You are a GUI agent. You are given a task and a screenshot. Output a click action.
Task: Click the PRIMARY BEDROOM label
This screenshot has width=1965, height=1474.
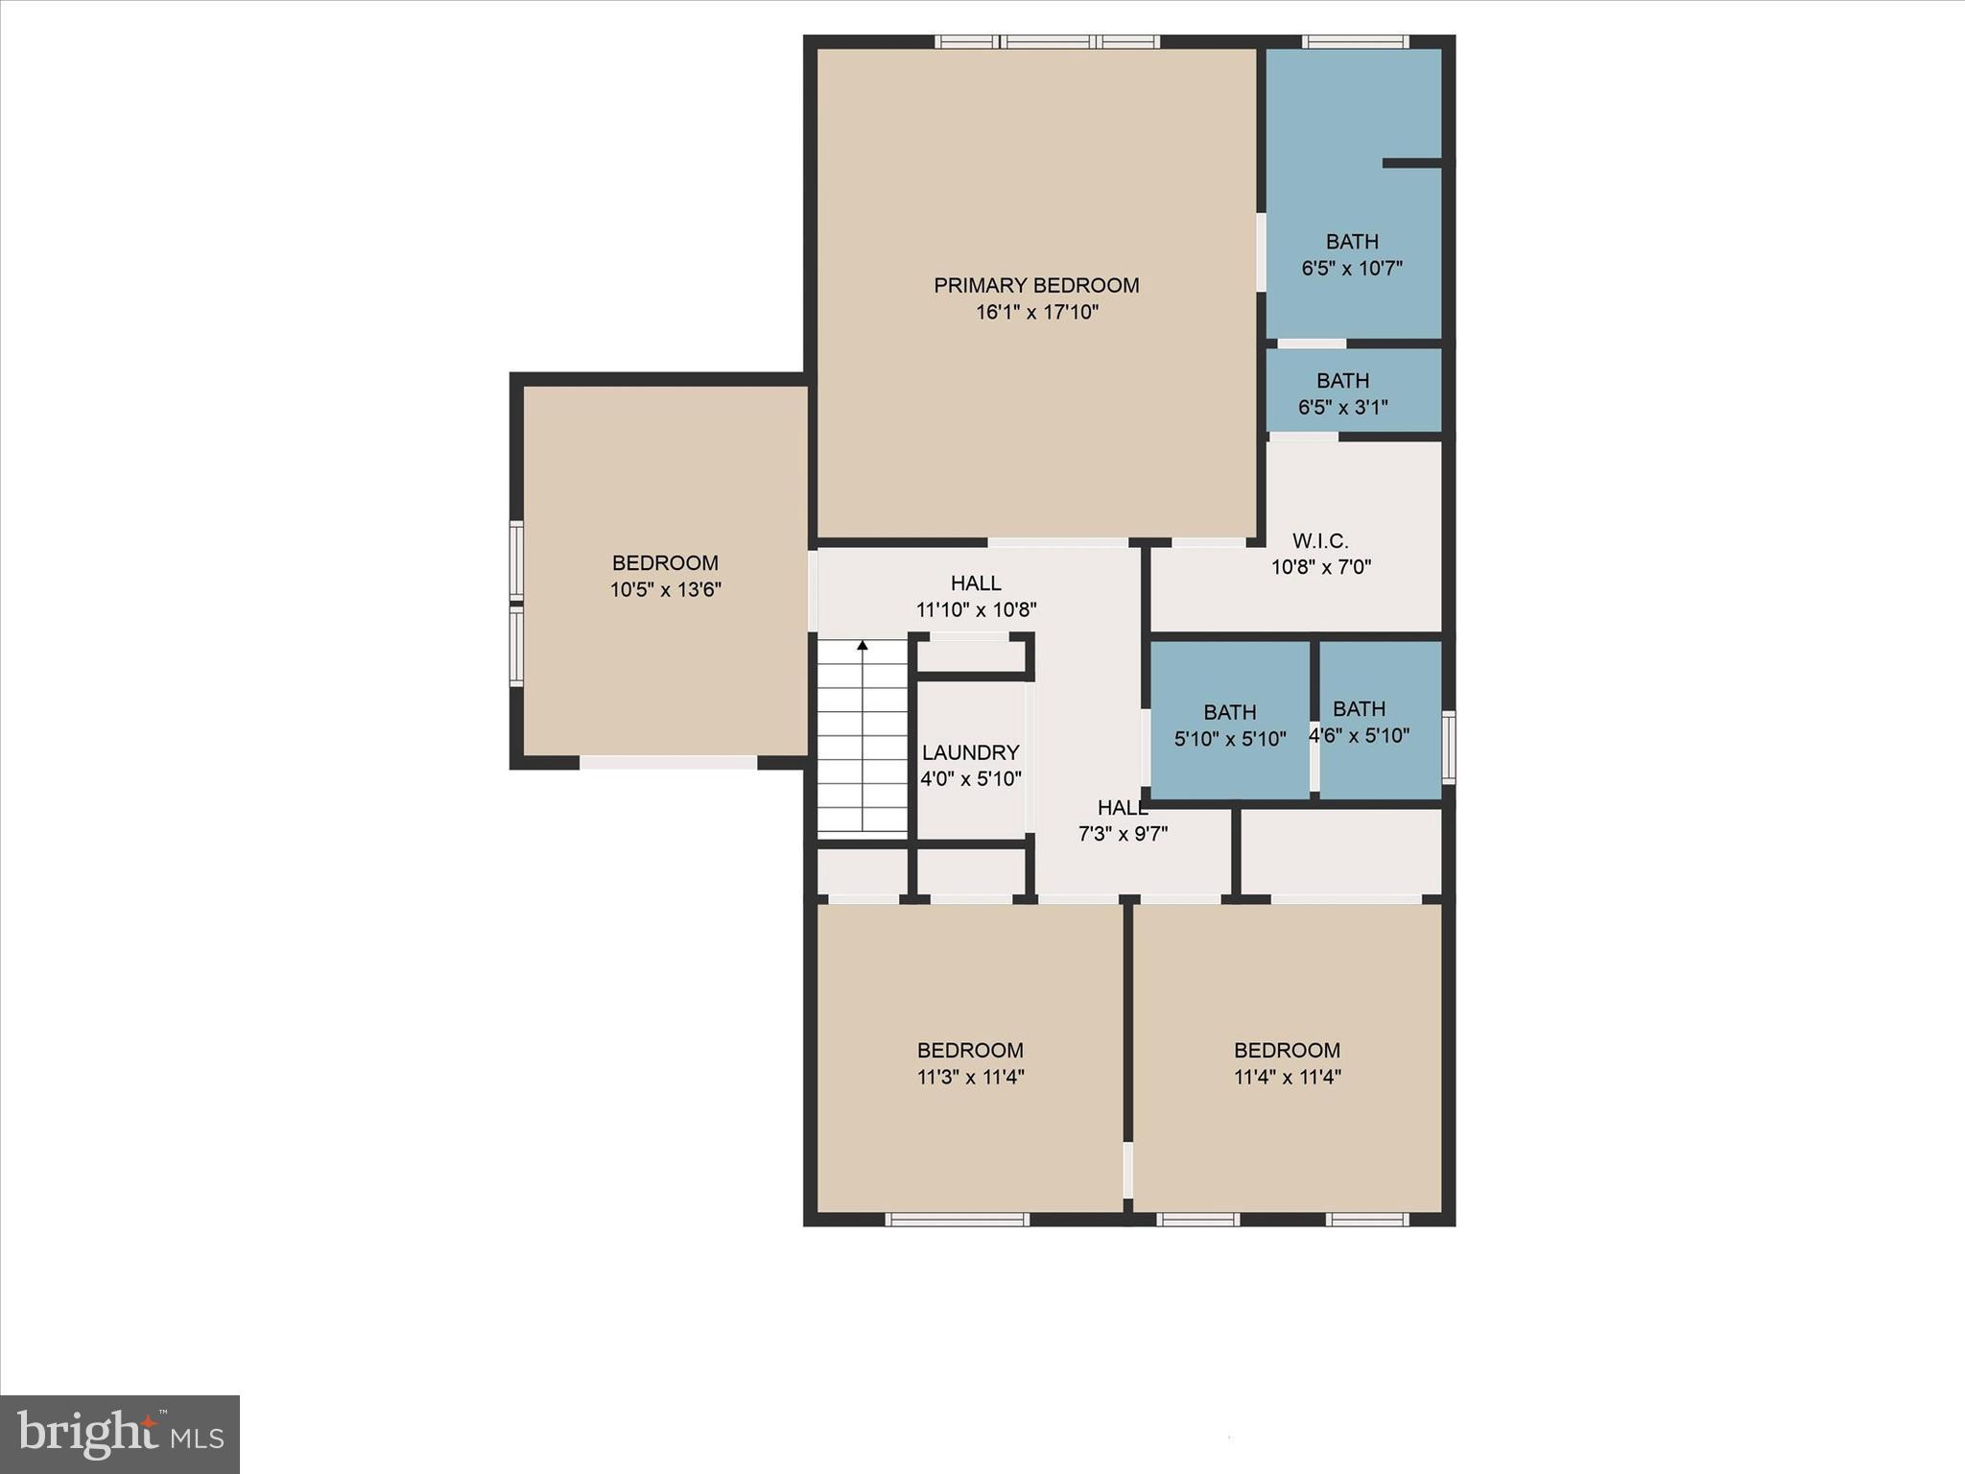[1036, 285]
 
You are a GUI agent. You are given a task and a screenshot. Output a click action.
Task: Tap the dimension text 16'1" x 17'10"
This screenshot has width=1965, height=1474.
[1036, 312]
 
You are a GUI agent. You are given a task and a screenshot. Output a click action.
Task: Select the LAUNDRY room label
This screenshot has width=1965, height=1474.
[970, 753]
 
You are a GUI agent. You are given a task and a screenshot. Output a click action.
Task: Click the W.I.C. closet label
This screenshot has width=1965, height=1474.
[1320, 541]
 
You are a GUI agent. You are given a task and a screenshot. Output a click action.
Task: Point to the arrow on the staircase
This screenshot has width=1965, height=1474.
[863, 646]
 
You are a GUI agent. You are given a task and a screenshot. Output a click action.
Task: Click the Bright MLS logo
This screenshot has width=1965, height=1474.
[120, 1434]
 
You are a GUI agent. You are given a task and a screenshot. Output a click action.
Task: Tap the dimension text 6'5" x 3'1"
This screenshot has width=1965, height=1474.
[1342, 407]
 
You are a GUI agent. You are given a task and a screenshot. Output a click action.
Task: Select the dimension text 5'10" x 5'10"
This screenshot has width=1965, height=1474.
[1230, 739]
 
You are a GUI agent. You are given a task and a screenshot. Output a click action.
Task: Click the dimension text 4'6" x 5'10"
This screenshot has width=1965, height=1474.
[1360, 736]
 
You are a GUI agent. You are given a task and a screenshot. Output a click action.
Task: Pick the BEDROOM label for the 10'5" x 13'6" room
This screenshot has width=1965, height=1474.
[665, 563]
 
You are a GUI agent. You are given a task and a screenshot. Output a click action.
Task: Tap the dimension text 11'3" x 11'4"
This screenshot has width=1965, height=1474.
[970, 1077]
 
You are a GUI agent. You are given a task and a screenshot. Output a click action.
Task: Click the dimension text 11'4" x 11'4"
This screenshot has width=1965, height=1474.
[1287, 1077]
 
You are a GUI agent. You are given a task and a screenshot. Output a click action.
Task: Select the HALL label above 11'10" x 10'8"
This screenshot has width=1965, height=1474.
[976, 582]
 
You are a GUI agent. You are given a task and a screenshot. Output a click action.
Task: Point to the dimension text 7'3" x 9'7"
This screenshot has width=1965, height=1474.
[1123, 834]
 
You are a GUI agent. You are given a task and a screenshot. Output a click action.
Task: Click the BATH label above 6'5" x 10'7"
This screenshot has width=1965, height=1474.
[1352, 242]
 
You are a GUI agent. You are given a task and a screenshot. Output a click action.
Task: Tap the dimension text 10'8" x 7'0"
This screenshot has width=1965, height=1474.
[1320, 567]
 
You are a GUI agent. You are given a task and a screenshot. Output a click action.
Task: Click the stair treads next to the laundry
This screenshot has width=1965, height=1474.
[863, 749]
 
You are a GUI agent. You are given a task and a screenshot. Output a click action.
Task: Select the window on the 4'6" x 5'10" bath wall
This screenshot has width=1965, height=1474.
[1449, 747]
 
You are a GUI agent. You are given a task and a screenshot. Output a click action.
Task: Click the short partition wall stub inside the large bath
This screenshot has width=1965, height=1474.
[1412, 163]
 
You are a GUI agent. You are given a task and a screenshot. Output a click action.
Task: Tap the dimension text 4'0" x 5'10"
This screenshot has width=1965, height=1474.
[970, 779]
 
